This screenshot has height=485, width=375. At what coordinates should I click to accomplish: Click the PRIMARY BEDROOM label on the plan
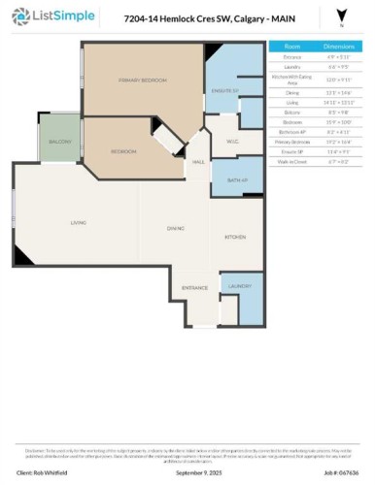click(138, 80)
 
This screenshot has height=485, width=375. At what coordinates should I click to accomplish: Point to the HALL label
click(197, 162)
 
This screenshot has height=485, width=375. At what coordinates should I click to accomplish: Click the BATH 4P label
click(238, 181)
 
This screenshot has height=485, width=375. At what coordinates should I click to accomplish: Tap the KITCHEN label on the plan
click(236, 238)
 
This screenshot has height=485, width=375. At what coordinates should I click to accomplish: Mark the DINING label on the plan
click(176, 229)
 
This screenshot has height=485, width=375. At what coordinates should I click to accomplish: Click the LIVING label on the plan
click(79, 223)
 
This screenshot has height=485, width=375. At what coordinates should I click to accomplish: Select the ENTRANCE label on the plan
click(195, 288)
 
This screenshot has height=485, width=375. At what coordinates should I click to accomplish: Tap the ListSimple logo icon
click(20, 17)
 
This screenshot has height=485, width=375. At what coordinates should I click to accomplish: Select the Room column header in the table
click(292, 46)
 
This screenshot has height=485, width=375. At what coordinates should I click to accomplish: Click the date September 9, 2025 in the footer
click(188, 472)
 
